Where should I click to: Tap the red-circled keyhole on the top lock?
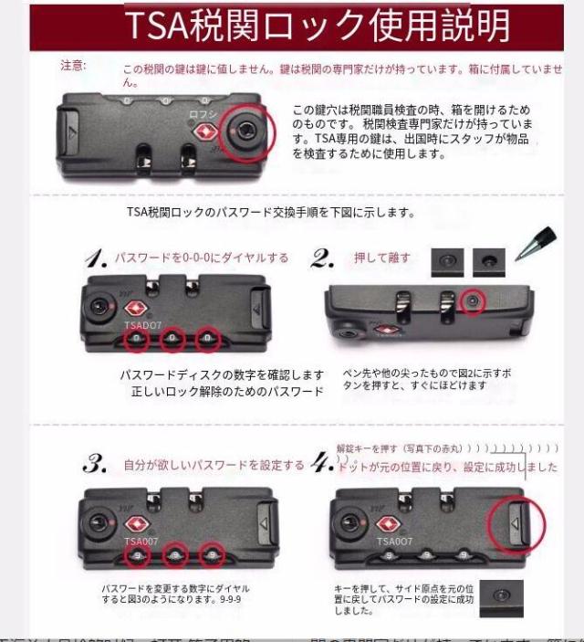pos(247,132)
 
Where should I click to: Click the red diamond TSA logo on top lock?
pos(203,132)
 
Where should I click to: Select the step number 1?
pos(96,259)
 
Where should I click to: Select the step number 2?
pos(322,258)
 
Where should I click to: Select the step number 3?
pos(95,464)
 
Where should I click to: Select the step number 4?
pos(322,464)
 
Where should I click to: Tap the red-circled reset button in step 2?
pos(471,300)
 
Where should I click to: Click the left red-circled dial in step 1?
pos(137,340)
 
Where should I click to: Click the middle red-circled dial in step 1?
pos(173,340)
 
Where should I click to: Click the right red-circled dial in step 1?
pos(209,340)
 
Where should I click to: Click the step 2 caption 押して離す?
pos(381,258)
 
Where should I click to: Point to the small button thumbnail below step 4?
pos(501,595)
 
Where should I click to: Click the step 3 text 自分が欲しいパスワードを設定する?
pos(214,465)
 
